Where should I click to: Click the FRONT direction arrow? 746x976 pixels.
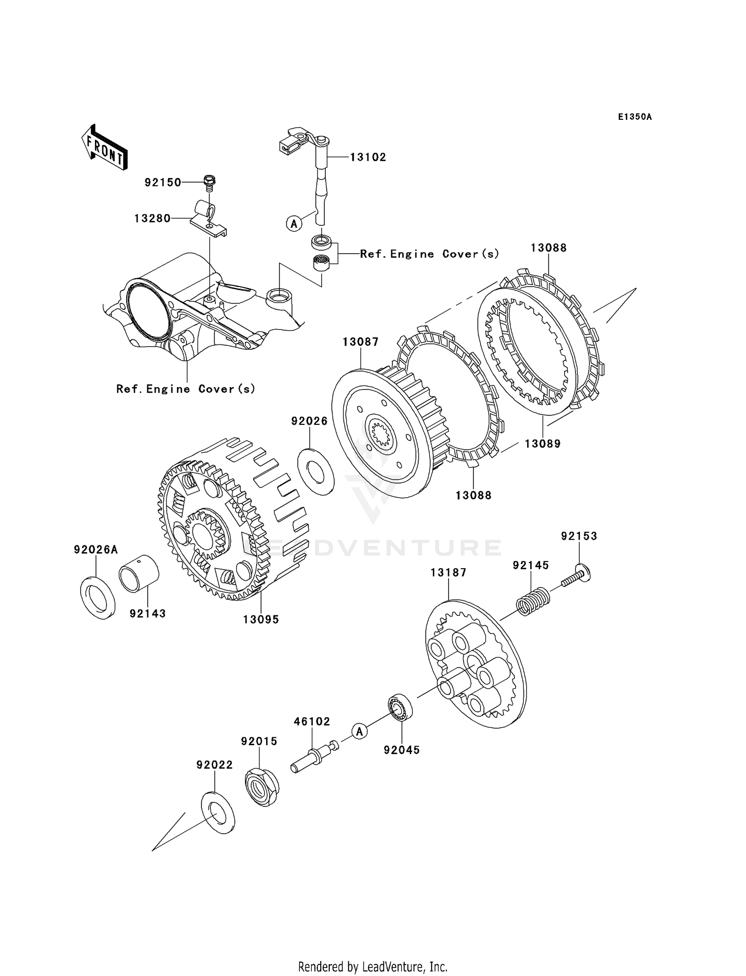[x=105, y=148]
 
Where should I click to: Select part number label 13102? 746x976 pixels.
[x=368, y=157]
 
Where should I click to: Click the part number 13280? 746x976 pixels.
[x=152, y=218]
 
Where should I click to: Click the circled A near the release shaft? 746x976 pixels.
[x=294, y=224]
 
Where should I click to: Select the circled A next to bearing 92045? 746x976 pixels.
[x=359, y=731]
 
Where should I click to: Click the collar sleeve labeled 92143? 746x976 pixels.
[x=139, y=575]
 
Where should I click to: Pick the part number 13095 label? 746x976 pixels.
[x=261, y=619]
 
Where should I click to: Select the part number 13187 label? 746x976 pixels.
[x=449, y=573]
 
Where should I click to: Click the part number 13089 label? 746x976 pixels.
[x=543, y=444]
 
